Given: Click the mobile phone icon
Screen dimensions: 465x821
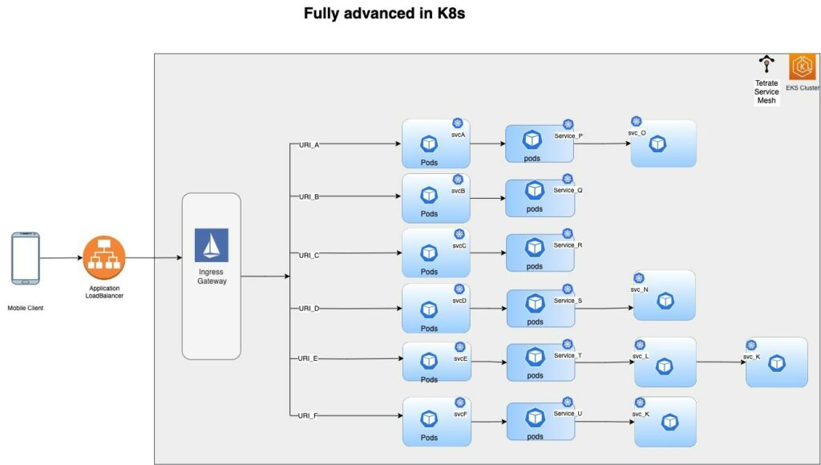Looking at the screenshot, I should point(25,258).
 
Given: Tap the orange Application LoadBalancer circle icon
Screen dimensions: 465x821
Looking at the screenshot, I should point(104,258).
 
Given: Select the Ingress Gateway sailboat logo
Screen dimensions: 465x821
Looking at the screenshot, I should point(212,245).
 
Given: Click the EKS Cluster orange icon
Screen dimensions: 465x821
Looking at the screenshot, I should point(802,67).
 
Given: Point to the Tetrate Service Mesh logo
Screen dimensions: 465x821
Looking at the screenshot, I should point(766,65).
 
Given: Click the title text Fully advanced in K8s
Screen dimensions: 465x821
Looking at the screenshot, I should point(384,14).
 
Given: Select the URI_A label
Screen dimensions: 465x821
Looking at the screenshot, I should point(309,145).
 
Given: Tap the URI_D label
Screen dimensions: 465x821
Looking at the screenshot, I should point(309,308).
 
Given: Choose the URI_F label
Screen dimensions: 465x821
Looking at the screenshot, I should point(309,415).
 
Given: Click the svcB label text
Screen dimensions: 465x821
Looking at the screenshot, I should point(458,191).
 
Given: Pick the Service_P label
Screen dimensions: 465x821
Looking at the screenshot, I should point(568,136).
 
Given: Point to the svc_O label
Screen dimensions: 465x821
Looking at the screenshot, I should point(637,133).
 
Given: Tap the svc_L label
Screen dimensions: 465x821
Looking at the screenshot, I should point(641,356).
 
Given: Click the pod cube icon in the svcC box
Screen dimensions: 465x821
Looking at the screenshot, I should point(430,251).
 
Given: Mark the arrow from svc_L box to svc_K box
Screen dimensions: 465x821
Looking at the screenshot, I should point(720,362).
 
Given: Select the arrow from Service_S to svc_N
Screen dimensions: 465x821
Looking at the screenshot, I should point(603,308).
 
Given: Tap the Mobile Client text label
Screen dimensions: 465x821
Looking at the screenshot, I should point(26,307).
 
